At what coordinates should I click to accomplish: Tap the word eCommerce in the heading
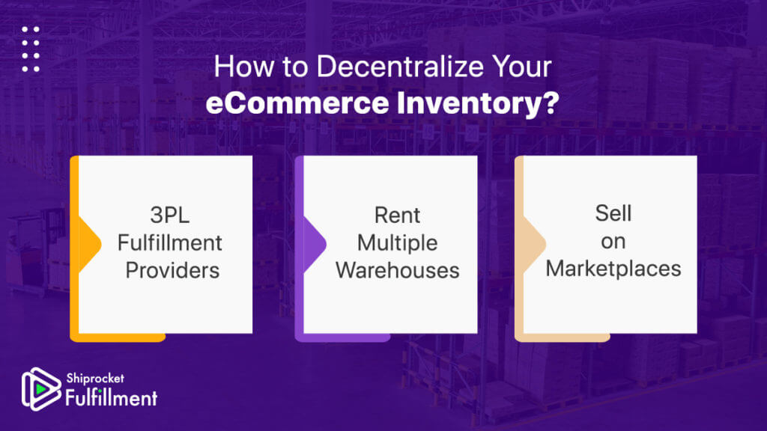pyautogui.click(x=297, y=103)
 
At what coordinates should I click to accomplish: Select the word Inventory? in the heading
pyautogui.click(x=477, y=103)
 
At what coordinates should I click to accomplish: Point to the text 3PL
pyautogui.click(x=170, y=215)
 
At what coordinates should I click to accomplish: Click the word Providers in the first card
pyautogui.click(x=172, y=270)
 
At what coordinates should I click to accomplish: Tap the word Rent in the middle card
pyautogui.click(x=397, y=215)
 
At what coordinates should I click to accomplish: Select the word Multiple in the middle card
pyautogui.click(x=397, y=243)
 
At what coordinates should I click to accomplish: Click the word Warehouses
pyautogui.click(x=397, y=270)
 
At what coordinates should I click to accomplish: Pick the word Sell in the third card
pyautogui.click(x=613, y=213)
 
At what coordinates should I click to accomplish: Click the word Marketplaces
pyautogui.click(x=613, y=269)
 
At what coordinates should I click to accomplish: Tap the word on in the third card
pyautogui.click(x=613, y=242)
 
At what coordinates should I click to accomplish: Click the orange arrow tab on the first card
pyautogui.click(x=90, y=244)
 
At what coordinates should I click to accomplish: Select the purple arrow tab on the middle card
pyautogui.click(x=315, y=244)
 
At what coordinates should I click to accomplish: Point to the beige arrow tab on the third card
pyautogui.click(x=534, y=243)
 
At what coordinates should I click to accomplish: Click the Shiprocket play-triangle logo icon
pyautogui.click(x=41, y=389)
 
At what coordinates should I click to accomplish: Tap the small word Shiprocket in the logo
pyautogui.click(x=95, y=378)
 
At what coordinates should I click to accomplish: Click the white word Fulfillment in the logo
pyautogui.click(x=112, y=398)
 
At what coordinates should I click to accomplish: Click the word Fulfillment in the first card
pyautogui.click(x=170, y=243)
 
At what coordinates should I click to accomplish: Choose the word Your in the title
pyautogui.click(x=521, y=67)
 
